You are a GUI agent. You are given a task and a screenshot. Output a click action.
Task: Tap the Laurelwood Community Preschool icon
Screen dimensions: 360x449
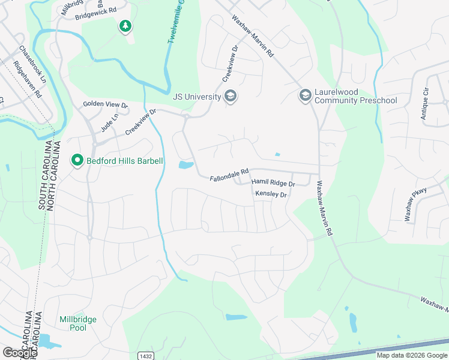305,96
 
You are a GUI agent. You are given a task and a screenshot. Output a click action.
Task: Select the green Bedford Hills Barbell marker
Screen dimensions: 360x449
77,161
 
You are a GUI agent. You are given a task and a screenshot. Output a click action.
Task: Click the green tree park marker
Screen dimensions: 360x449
125,26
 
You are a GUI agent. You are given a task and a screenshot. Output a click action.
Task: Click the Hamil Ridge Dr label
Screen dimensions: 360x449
273,182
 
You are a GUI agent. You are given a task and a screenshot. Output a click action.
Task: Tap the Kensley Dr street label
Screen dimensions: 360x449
271,194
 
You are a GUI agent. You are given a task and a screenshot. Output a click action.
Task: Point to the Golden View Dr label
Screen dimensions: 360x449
106,104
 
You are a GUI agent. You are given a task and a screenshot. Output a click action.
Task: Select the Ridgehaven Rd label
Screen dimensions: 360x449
27,80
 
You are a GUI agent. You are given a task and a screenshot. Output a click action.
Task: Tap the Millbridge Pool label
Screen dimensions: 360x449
78,323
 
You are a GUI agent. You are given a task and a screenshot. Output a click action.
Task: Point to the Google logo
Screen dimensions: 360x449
19,353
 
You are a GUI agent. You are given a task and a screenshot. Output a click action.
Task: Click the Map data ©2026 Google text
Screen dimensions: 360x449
412,355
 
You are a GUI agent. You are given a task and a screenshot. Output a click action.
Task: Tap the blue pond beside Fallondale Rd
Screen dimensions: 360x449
186,164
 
